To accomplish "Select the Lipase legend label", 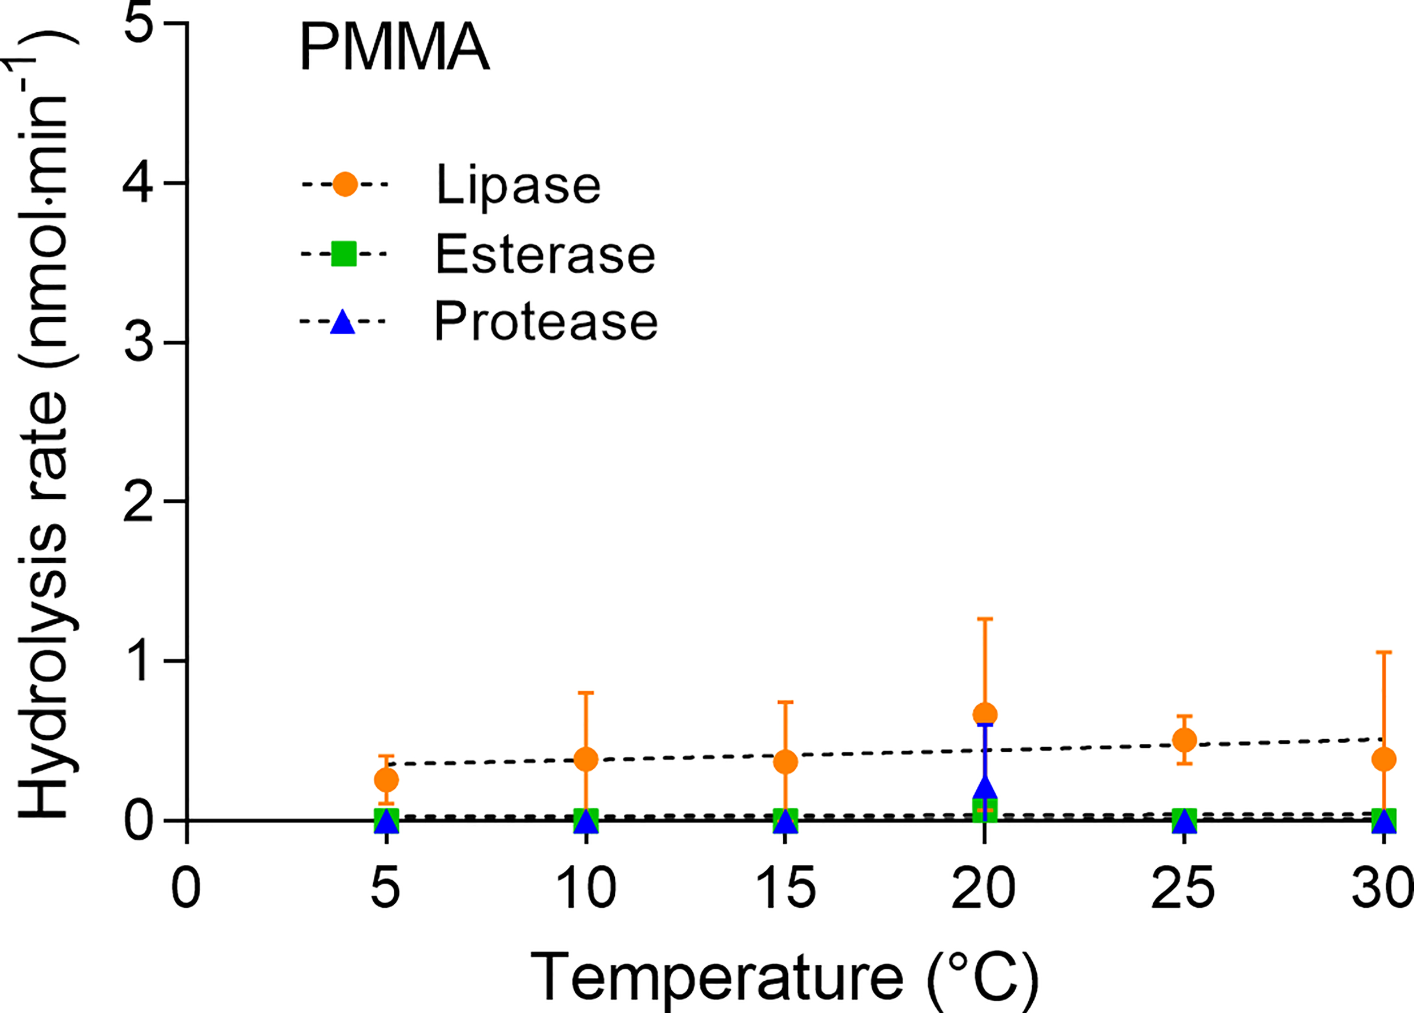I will [518, 184].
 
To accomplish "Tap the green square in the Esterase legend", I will [343, 254].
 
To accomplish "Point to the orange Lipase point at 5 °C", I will [386, 779].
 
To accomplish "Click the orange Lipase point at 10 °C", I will [585, 759].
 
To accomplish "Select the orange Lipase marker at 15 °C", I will [785, 761].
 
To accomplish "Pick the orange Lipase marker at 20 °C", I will [985, 714].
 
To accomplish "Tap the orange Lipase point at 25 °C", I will [1184, 740].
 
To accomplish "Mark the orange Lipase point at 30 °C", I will [1383, 759].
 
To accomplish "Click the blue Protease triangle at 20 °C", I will [985, 788].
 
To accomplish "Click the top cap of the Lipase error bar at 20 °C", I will [985, 619].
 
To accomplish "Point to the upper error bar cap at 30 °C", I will [1383, 652].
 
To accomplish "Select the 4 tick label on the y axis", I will [137, 183].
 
